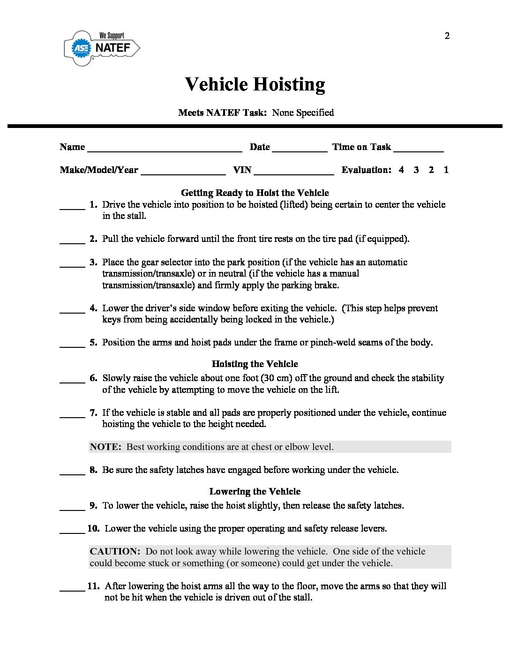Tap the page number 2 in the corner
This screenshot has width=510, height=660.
(x=447, y=36)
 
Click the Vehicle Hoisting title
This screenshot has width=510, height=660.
(x=255, y=84)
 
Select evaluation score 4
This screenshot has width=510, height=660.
(x=401, y=170)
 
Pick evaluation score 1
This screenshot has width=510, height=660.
(x=446, y=170)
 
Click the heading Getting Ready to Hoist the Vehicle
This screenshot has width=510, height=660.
(x=255, y=193)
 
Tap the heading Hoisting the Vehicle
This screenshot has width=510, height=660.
(x=255, y=364)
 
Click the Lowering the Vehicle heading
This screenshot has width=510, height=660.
(x=255, y=491)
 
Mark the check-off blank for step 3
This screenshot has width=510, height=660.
(x=72, y=265)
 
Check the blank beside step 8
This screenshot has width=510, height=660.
(x=72, y=473)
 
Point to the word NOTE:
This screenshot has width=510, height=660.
(x=105, y=447)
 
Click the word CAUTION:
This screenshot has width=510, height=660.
(x=115, y=551)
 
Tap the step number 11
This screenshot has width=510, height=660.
(x=93, y=586)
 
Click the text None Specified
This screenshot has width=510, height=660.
(x=303, y=112)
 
